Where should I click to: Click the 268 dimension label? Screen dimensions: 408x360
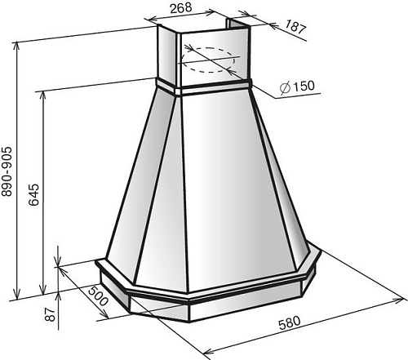coord(181,7)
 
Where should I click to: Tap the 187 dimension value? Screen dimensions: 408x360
coord(296,27)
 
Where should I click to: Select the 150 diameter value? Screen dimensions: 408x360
coord(304,87)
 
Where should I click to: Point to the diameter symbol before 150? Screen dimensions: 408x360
coord(285,87)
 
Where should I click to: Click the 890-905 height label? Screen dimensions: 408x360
coord(7,171)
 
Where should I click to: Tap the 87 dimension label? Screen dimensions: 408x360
coord(51,314)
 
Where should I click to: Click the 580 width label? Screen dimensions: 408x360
coord(290,323)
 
